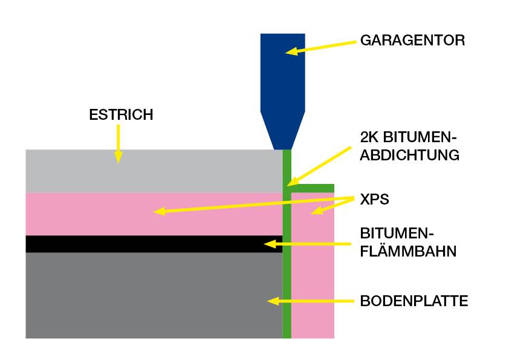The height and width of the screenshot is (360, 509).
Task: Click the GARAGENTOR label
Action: [x=412, y=41]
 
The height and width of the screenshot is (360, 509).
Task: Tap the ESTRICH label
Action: [x=121, y=115]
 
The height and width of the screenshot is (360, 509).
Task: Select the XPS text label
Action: [x=374, y=199]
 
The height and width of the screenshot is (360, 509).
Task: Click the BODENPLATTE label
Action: [x=414, y=301]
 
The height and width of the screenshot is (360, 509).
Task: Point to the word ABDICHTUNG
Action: [x=409, y=155]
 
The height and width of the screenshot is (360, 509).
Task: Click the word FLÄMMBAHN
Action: [x=408, y=251]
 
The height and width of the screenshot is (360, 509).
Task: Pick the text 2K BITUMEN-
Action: [x=408, y=137]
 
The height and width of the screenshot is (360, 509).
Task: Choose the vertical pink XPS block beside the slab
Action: [x=313, y=265]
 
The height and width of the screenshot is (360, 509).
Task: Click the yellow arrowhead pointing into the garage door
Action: [x=291, y=51]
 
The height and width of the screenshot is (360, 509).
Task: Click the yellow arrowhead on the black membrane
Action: [x=270, y=244]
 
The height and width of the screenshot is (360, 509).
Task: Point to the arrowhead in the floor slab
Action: [x=273, y=301]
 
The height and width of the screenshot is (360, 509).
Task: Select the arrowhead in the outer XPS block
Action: [x=317, y=211]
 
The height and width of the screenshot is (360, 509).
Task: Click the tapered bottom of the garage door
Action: [x=282, y=130]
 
